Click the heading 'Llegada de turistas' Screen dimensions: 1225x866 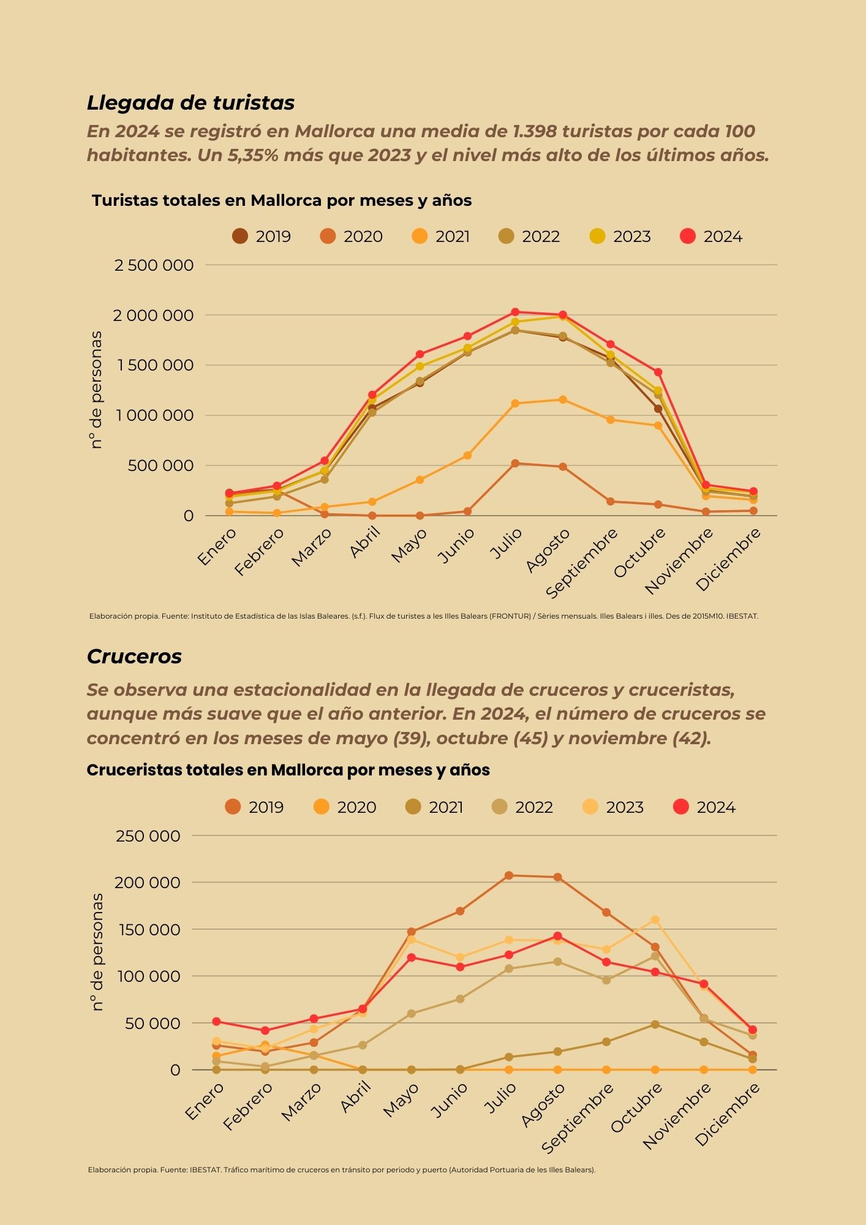point(190,103)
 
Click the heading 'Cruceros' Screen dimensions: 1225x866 point(134,657)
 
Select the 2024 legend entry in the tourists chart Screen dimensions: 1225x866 point(711,236)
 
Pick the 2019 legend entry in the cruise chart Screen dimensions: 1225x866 point(254,807)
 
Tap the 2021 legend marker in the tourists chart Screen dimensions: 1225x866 point(420,236)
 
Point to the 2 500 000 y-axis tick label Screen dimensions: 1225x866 point(154,265)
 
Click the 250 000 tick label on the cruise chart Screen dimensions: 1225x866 point(148,835)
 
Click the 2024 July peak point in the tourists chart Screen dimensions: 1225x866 point(515,312)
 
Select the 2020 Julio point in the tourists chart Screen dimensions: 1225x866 point(515,464)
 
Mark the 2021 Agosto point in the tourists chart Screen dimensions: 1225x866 point(563,400)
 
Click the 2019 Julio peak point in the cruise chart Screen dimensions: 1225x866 point(508,875)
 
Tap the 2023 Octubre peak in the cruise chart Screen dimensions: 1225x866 point(655,919)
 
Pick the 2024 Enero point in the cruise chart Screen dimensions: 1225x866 point(216,1022)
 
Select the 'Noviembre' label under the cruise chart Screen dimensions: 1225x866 point(677,1116)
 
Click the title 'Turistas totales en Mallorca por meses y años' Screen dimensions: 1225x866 point(282,200)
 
